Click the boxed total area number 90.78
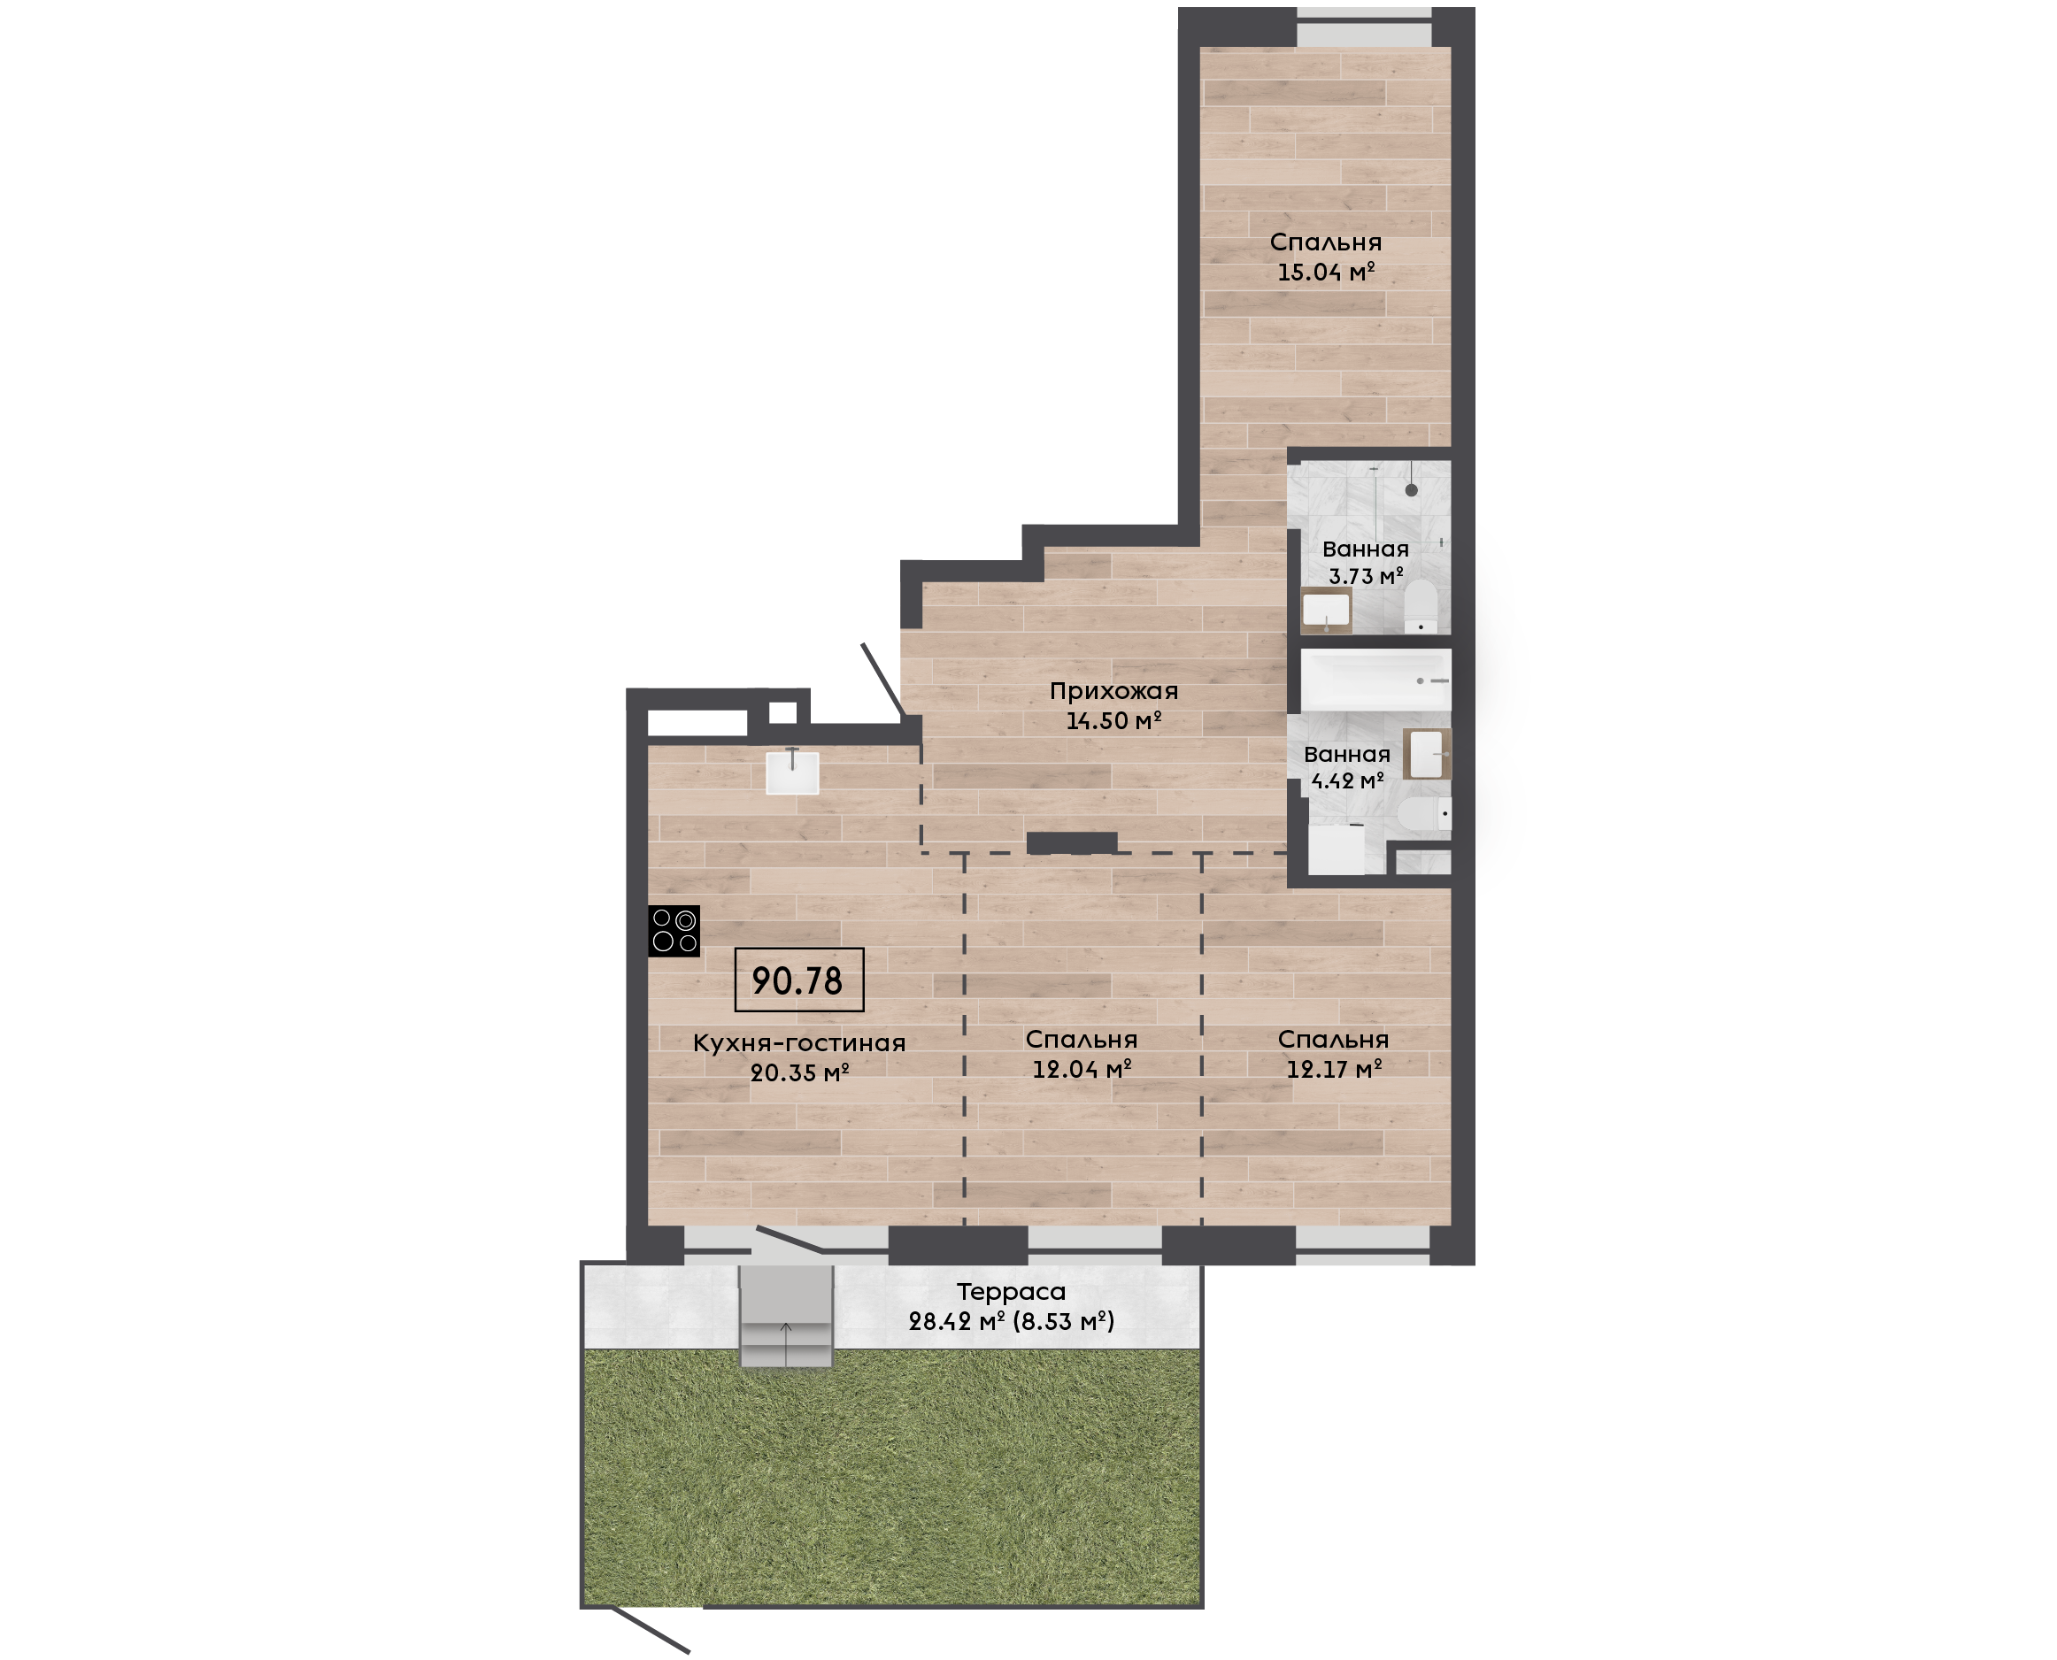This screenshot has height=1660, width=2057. coord(798,980)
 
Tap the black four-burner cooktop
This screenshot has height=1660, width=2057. coord(674,932)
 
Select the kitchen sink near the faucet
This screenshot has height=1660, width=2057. coord(792,772)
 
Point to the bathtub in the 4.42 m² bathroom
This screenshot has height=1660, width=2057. coord(1375,680)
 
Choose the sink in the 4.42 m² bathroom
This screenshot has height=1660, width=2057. coord(1427,754)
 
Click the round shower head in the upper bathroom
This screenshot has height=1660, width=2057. coord(1412,489)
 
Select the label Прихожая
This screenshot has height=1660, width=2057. coord(1114,691)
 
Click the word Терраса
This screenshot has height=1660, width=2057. coord(1011,1292)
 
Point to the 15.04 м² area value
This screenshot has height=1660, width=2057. coord(1327,272)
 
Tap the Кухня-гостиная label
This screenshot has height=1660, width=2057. coord(799,1043)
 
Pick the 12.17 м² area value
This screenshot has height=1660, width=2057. coord(1334,1069)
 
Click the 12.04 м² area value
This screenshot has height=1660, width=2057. coord(1082,1069)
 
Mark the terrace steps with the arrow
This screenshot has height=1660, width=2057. coord(786,1317)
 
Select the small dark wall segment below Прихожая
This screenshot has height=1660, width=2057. coord(1072,842)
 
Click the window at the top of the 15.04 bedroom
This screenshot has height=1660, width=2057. coord(1364,27)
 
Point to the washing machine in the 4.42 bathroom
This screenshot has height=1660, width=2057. coord(1336,849)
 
